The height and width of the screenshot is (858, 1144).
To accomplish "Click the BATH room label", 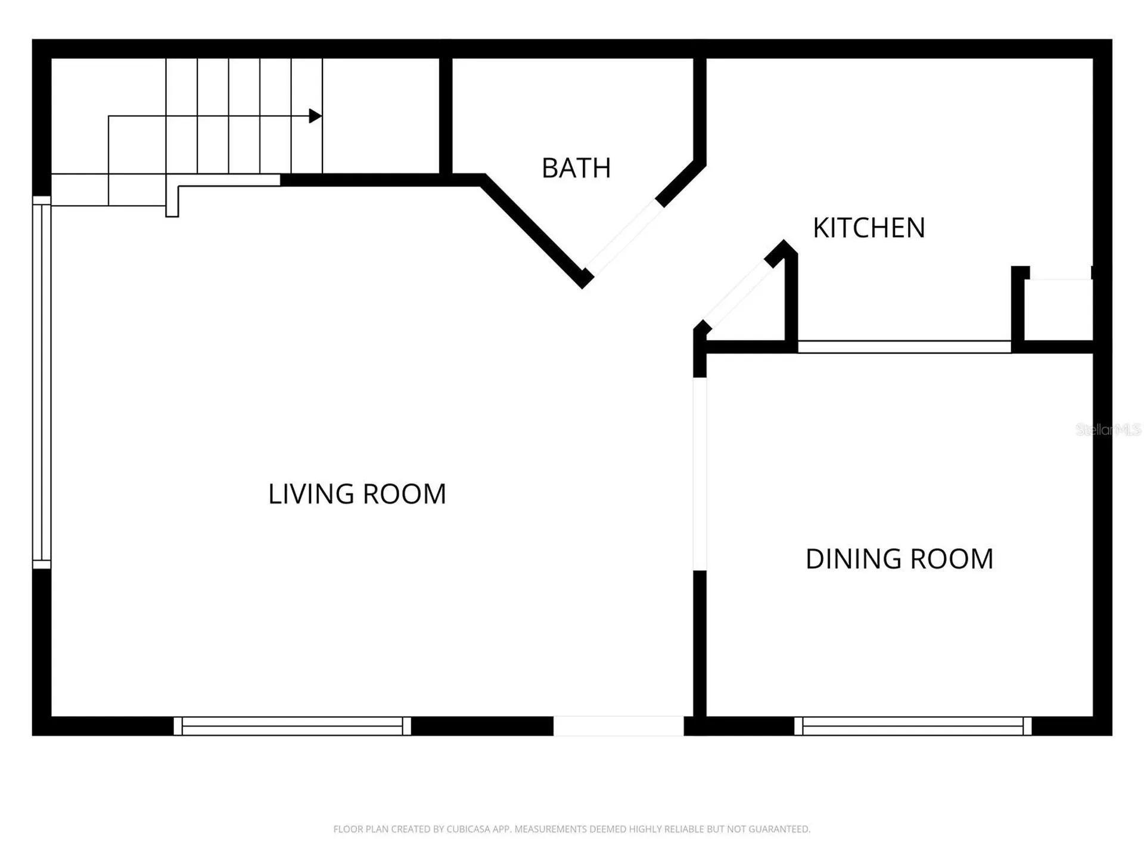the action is pyautogui.click(x=576, y=168).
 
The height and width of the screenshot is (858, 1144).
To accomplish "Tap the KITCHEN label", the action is pyautogui.click(x=869, y=228).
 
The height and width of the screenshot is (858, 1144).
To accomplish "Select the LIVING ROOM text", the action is pyautogui.click(x=357, y=494).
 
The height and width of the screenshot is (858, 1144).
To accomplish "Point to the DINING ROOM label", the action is pyautogui.click(x=899, y=559).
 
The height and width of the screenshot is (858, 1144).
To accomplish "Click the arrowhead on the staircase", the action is pyautogui.click(x=316, y=116).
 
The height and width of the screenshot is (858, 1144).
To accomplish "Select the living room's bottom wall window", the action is pyautogui.click(x=292, y=726).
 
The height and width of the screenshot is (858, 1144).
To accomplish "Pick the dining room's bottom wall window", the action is pyautogui.click(x=913, y=726).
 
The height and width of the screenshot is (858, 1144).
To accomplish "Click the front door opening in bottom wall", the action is pyautogui.click(x=618, y=726).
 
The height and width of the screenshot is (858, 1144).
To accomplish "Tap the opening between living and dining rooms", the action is pyautogui.click(x=700, y=474).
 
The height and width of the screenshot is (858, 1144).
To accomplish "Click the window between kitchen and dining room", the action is pyautogui.click(x=904, y=347).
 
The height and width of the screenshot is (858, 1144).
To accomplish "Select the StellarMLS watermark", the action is pyautogui.click(x=1108, y=430).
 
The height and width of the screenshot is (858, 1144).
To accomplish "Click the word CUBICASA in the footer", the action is pyautogui.click(x=468, y=829).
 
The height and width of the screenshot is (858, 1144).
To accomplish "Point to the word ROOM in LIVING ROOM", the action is pyautogui.click(x=404, y=494).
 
